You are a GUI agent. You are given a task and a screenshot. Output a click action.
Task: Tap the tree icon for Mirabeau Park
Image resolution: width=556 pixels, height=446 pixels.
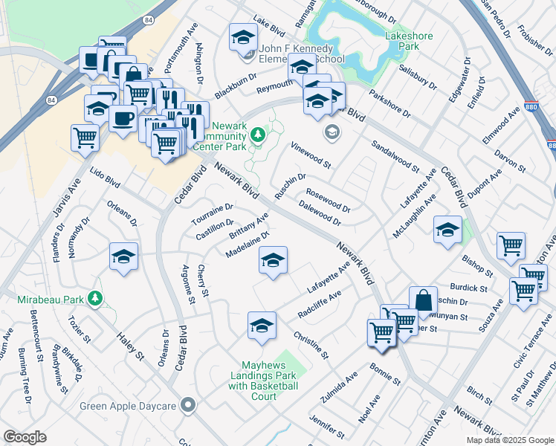pos(94,298)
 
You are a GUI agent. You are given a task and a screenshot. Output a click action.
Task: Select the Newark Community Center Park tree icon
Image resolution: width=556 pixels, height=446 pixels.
pos(257,135)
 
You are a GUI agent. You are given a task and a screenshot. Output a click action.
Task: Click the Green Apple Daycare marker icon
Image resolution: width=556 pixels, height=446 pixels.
pos(189,405)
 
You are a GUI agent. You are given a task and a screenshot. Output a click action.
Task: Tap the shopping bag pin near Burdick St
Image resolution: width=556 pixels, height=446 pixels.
pos(422,300)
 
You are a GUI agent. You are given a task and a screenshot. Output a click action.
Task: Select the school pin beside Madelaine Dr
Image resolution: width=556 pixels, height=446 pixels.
pos(273,260)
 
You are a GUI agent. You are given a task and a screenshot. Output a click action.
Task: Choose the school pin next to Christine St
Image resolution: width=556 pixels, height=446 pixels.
pos(262,325)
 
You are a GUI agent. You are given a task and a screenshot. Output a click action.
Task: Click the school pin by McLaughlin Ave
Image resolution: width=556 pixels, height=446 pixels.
pos(447,230)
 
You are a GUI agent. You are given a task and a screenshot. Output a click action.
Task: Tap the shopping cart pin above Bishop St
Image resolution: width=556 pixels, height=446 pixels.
pos(511,245)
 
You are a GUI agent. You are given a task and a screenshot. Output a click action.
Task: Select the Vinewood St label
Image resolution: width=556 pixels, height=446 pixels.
pos(310,155)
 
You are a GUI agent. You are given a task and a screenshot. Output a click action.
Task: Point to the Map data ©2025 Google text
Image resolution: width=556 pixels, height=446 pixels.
pos(509,440)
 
